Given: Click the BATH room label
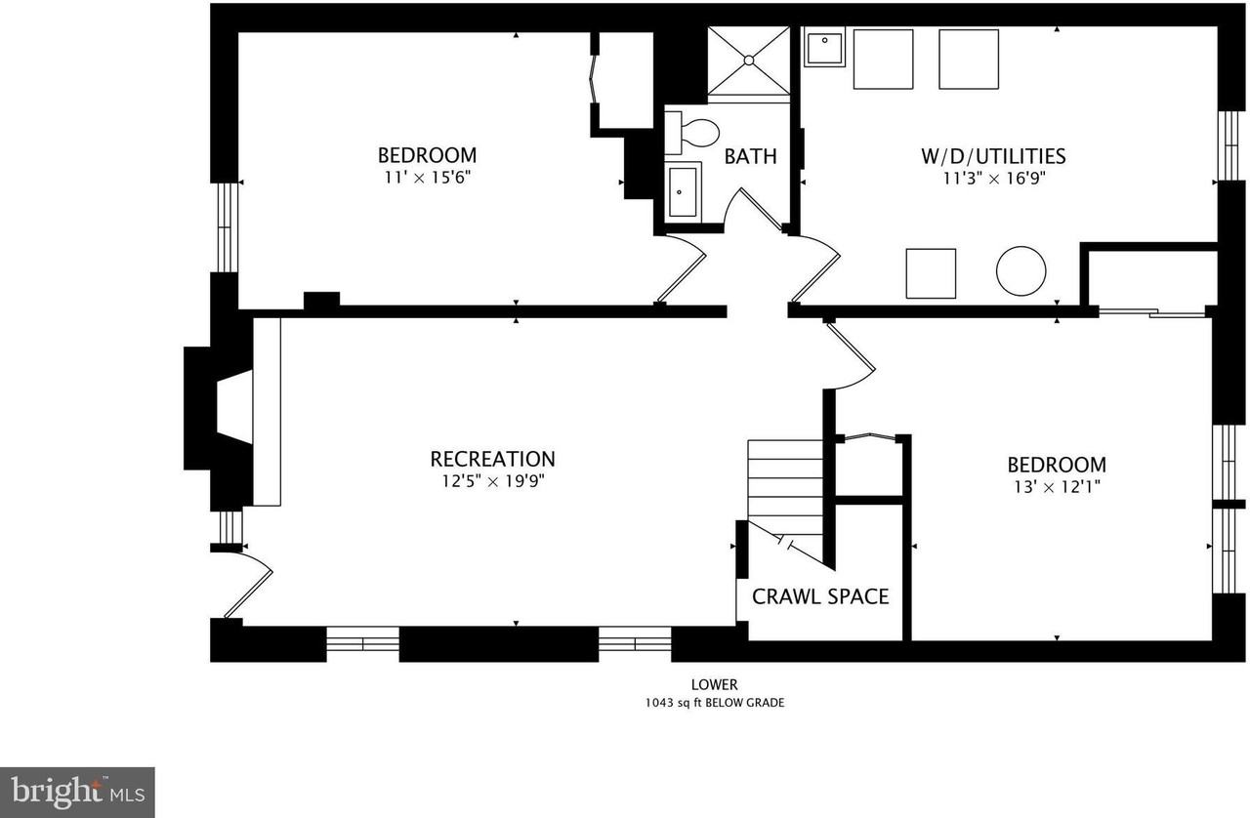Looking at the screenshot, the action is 750,157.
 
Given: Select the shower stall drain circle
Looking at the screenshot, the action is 749,61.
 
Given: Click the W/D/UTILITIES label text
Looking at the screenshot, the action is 993,156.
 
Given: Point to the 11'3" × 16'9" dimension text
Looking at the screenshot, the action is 994,179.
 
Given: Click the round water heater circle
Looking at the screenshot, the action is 1021,271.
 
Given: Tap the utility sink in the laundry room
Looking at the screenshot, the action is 824,47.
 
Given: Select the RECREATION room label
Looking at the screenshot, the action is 493,459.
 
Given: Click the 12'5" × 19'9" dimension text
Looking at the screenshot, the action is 493,481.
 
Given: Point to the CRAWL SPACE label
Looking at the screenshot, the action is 820,597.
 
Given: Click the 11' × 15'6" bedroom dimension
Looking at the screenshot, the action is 428,178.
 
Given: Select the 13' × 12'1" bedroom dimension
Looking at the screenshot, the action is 1057,487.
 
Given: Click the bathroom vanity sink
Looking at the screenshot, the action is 683,192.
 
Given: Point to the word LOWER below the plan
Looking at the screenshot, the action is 714,684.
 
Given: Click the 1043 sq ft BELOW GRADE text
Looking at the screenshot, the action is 715,703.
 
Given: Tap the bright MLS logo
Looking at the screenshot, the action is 77,793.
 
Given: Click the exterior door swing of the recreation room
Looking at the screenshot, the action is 249,583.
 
